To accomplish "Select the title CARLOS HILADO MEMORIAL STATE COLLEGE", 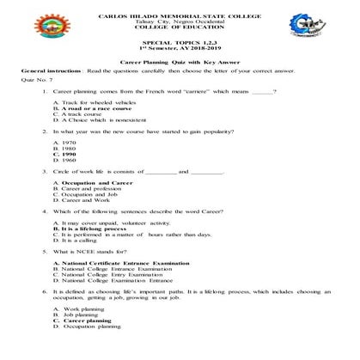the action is [180, 15].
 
